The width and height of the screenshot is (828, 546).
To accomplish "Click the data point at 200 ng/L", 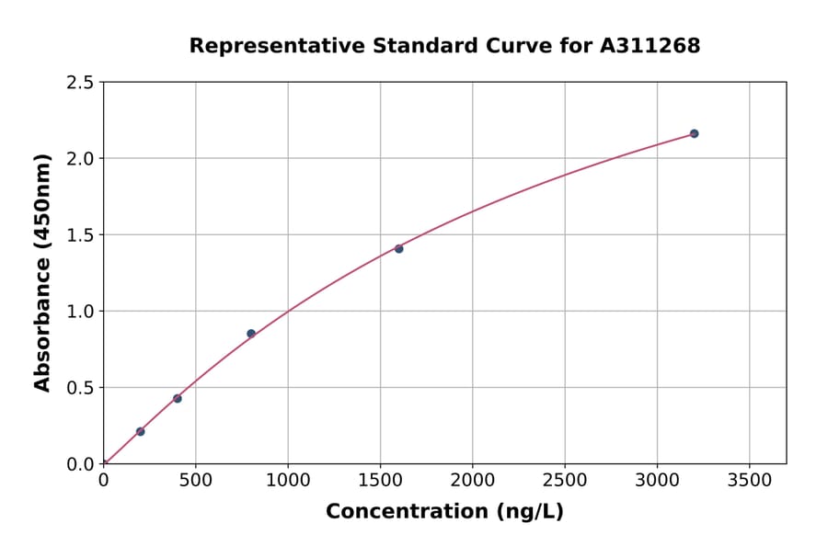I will click(x=140, y=431).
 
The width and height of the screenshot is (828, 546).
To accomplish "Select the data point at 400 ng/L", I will click(x=178, y=398).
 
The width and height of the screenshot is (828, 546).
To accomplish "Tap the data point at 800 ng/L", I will click(x=251, y=334).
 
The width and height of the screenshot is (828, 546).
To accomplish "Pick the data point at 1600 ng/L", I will click(x=398, y=248).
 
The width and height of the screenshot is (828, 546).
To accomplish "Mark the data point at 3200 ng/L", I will click(x=694, y=133).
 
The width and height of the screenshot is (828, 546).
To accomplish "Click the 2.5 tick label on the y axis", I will click(x=80, y=83).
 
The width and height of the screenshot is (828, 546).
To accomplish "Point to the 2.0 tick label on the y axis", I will click(x=80, y=159).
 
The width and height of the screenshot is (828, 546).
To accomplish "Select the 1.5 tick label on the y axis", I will click(x=80, y=235).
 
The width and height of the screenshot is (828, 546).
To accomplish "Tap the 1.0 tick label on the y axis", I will click(x=80, y=312).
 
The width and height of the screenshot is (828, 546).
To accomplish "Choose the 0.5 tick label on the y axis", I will click(x=80, y=388).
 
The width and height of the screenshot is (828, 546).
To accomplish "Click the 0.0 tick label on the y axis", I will click(x=80, y=464).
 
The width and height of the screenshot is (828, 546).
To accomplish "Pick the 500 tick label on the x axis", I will click(x=195, y=481).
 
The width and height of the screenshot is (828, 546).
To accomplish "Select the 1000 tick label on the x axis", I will click(x=288, y=481).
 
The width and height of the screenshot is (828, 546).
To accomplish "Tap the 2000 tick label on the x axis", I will click(x=472, y=481).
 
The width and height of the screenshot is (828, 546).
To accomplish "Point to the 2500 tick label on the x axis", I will click(x=564, y=481).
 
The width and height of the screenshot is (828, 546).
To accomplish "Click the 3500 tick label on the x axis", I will click(x=749, y=481).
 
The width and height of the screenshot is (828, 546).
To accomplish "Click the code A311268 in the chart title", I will click(x=650, y=45).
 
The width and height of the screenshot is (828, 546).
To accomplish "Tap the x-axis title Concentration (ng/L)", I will click(x=444, y=511).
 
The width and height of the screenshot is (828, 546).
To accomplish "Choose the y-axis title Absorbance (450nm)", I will click(x=42, y=272).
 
